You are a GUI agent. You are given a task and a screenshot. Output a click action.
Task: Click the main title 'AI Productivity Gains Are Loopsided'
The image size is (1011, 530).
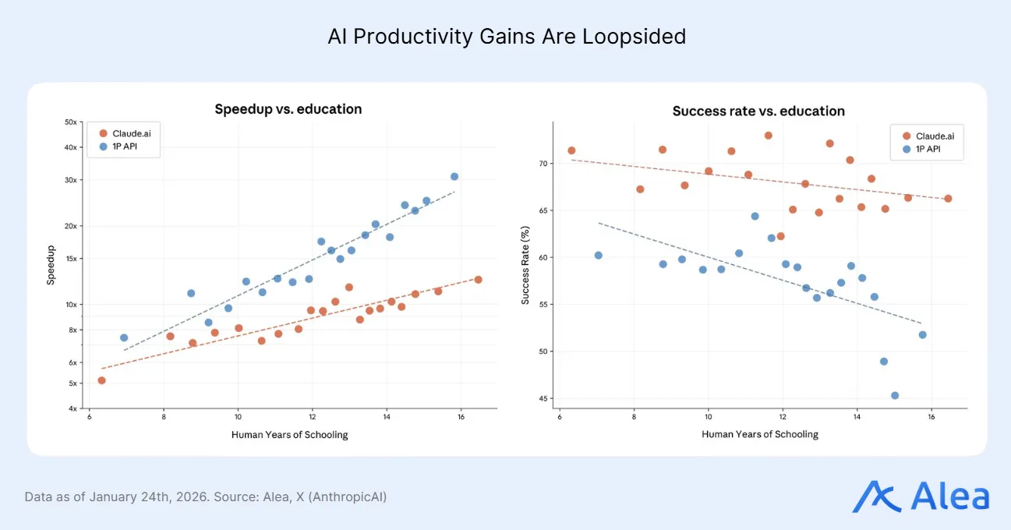pos(507,37)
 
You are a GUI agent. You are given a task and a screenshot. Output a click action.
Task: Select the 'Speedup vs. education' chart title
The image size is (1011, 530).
pos(288,109)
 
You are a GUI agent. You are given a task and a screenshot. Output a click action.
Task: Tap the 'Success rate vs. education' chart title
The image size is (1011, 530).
pos(758,111)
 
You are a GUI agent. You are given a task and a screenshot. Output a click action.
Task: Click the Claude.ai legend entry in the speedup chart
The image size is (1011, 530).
pos(125,133)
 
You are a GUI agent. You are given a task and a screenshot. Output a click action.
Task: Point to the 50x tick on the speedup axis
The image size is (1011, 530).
pos(70,122)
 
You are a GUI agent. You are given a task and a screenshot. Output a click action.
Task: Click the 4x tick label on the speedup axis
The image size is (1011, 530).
pos(72,408)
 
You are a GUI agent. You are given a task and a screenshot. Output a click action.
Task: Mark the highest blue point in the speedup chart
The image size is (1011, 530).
pos(454,177)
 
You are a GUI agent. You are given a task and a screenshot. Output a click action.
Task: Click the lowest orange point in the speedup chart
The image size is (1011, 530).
pos(101,380)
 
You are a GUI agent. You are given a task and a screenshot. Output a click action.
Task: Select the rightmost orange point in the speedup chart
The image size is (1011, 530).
pos(478,280)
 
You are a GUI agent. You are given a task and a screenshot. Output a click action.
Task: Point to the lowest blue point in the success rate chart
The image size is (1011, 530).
pos(895,395)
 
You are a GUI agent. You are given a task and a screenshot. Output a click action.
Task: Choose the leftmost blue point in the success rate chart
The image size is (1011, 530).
pos(598,256)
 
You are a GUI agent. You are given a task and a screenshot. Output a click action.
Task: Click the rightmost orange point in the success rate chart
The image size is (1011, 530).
pos(948,199)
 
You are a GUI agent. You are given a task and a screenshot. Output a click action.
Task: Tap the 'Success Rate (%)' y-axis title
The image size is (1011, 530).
pos(525,265)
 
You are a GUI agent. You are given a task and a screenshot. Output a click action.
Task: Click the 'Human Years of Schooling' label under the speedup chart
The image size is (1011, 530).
pos(290,435)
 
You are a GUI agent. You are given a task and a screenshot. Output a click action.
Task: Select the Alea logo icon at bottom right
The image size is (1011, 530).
pos(875,496)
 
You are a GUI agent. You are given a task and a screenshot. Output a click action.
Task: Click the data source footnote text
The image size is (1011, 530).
pos(205,496)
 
